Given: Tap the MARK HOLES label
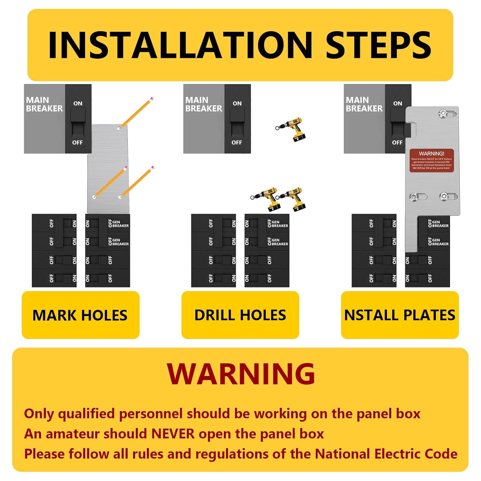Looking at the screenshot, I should pos(80,315).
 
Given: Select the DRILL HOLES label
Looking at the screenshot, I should pos(240,315).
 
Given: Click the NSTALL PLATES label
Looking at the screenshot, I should pos(400,315).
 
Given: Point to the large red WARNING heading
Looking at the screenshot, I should pos(241,374).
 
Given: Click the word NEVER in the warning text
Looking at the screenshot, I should pos(173,434).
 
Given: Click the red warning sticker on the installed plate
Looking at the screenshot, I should pos(432,160).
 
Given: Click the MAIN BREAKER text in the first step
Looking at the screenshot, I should pos(44,104).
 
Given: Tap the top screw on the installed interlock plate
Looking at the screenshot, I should pos(443,113).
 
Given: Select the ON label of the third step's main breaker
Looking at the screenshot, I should pos(398,104).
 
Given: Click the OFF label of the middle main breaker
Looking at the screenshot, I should pos(237,142).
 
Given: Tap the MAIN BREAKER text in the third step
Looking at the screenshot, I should pos(364,104).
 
